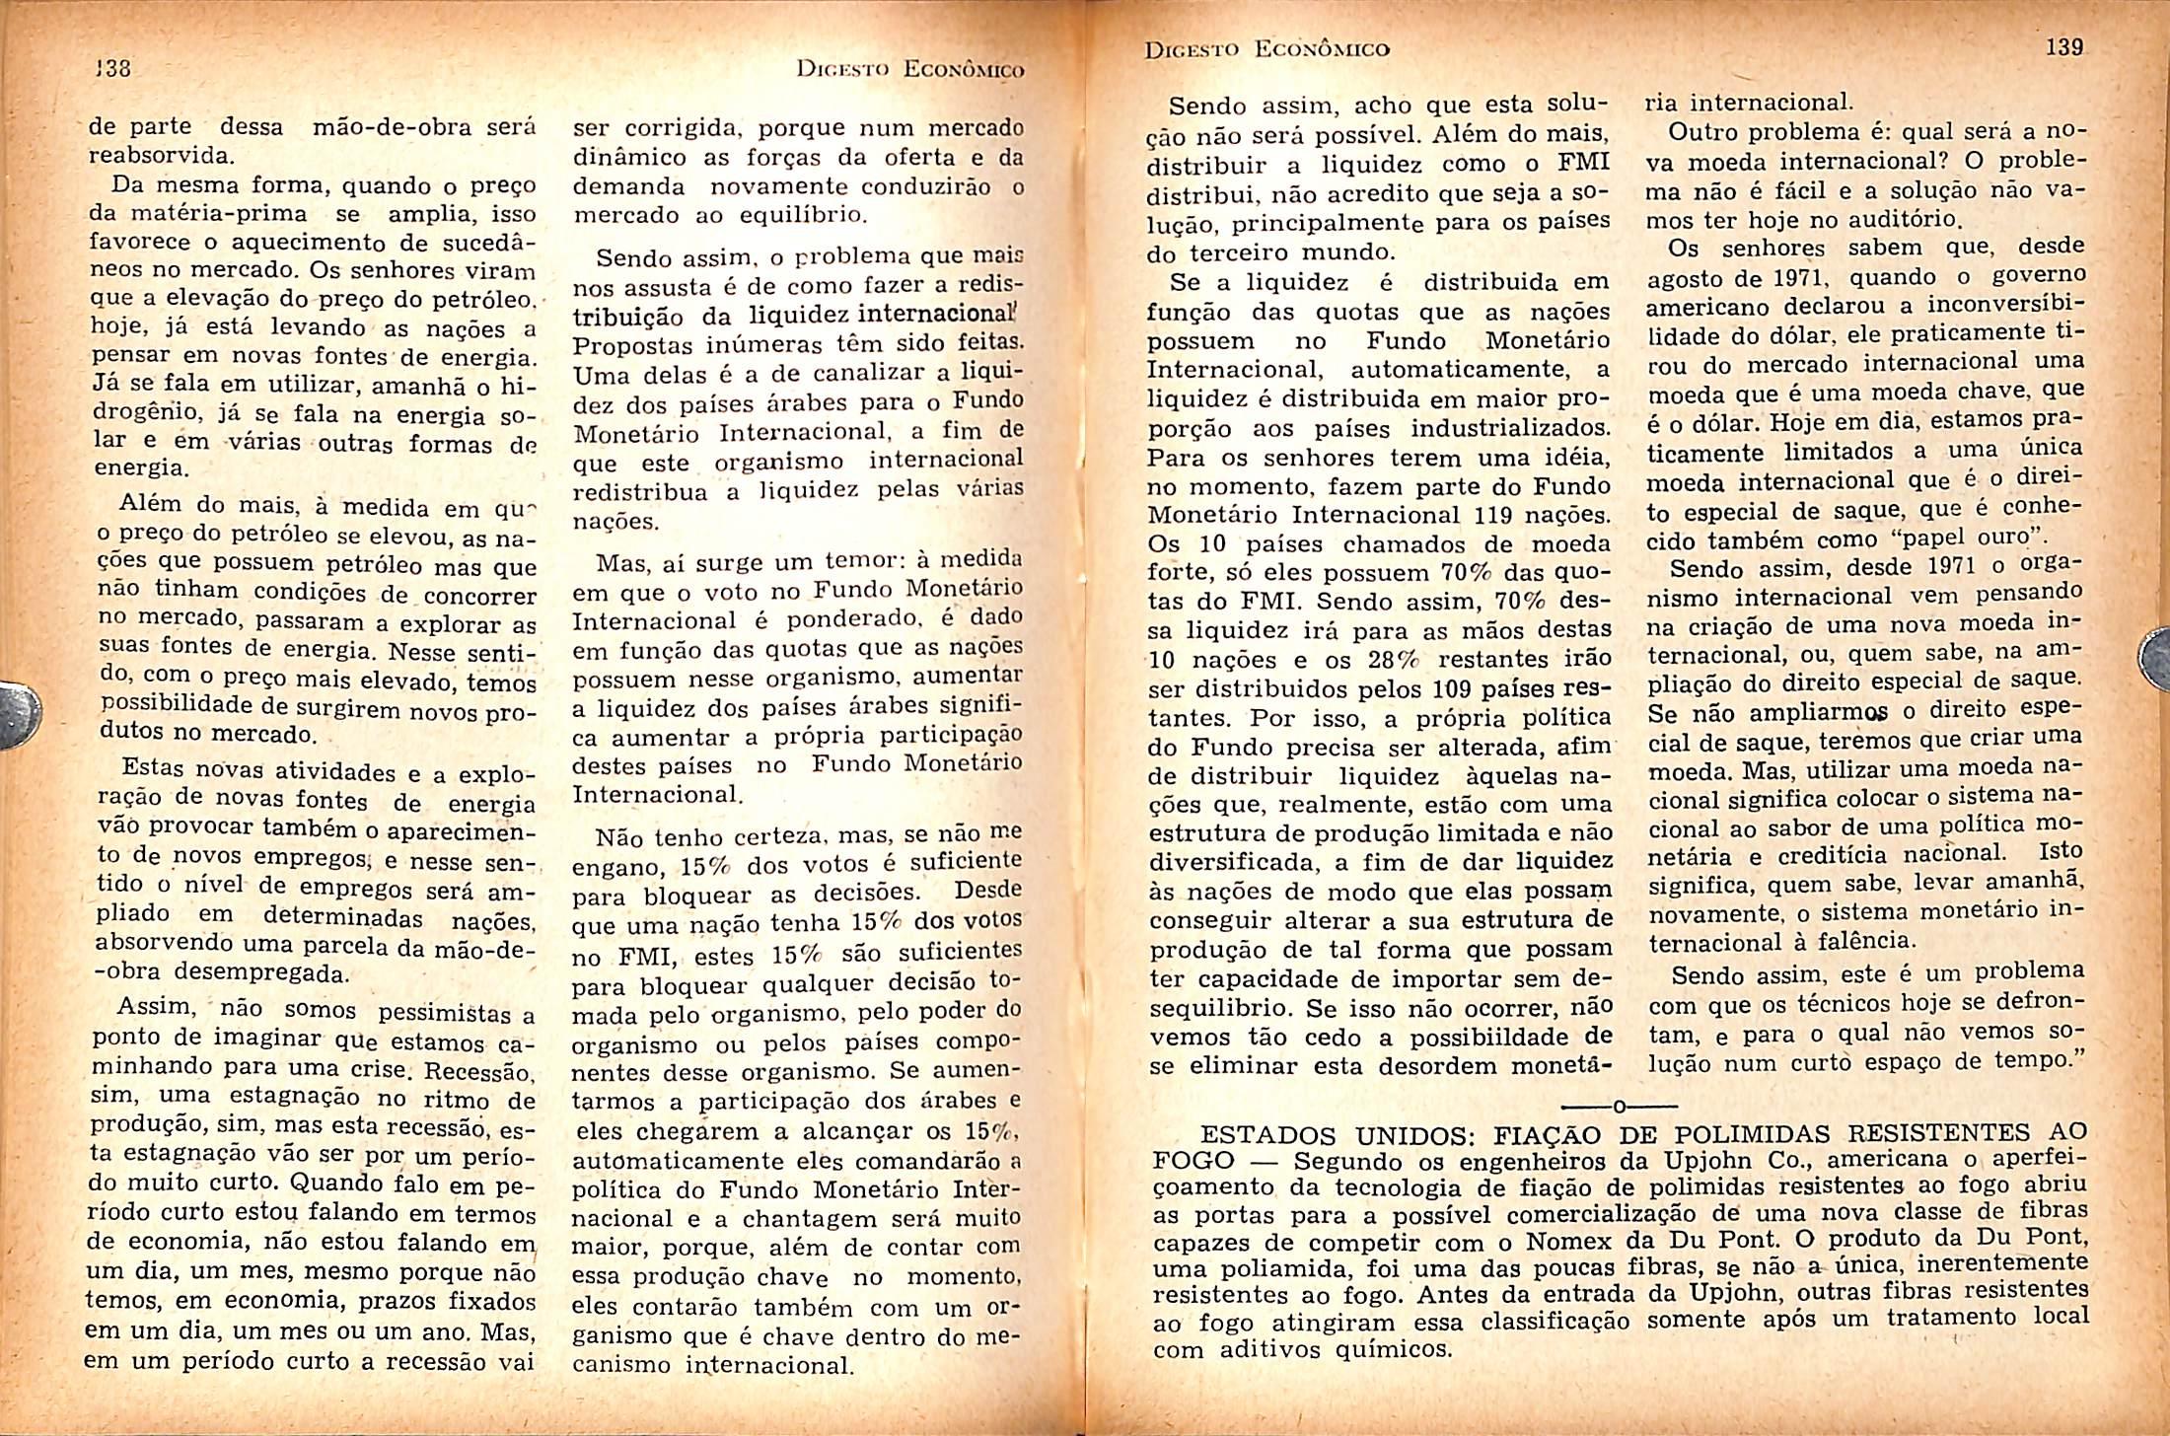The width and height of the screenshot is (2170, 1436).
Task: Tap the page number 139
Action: coord(2063,47)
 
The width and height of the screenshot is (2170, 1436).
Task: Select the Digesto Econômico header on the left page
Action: coord(909,69)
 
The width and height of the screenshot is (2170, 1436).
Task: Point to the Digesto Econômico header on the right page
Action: coord(1266,48)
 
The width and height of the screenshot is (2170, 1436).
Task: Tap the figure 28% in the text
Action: coord(1393,660)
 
